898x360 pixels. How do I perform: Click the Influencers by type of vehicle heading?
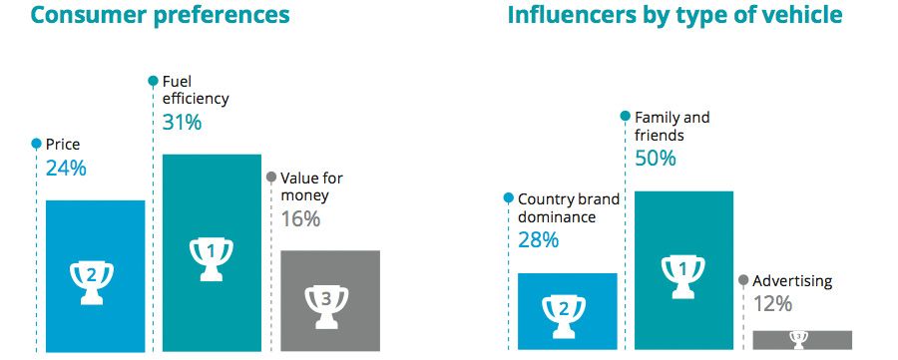coord(674,16)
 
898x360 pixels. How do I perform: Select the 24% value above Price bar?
coord(66,169)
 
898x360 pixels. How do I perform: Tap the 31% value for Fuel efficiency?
coord(182,123)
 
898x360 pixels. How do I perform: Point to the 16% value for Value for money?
coord(300,219)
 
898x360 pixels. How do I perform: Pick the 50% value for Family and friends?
coord(656,159)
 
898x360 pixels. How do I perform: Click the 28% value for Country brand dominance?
coord(538,240)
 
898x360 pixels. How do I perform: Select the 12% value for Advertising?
coord(772,304)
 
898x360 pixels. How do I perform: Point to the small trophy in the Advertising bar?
coord(798,339)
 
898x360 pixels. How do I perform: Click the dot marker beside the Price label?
coord(36,144)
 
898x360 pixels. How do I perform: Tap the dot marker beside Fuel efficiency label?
coord(153,81)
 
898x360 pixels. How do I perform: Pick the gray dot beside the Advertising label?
coord(742,281)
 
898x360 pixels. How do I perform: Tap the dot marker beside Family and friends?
coord(626,118)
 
